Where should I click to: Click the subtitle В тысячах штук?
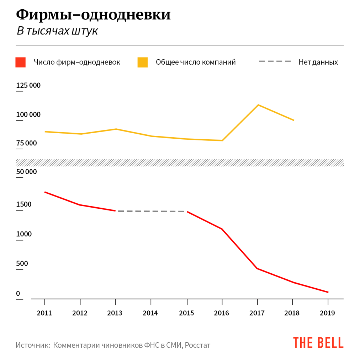point(57,31)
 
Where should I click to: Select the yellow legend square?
point(143,62)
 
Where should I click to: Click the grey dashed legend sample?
point(275,62)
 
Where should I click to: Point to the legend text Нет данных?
point(318,62)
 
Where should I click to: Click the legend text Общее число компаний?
point(196,62)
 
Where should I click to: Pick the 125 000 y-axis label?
point(28,86)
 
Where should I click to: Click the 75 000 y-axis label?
point(26,143)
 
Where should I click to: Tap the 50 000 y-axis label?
point(26,172)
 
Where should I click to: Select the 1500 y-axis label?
point(23,204)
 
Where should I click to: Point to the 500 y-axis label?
point(22,264)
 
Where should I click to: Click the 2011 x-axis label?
point(44,313)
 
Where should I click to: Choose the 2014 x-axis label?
point(151,313)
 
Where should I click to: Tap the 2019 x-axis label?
point(328,313)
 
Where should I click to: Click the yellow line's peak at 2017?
point(258,105)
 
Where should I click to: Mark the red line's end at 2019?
point(328,292)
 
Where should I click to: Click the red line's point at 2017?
point(257,268)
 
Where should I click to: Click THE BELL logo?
point(318,343)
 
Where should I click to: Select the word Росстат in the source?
point(197,345)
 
